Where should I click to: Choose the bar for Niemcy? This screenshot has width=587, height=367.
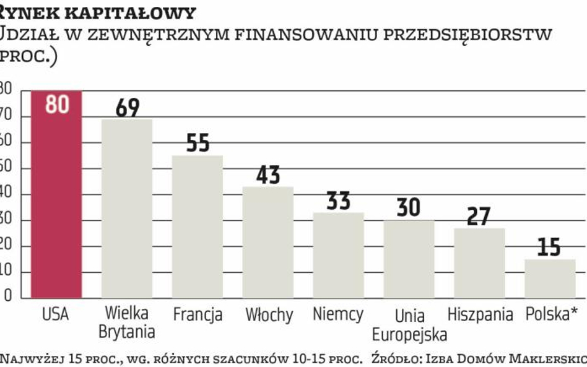click(338, 255)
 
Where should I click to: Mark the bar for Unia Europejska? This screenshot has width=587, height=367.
click(409, 259)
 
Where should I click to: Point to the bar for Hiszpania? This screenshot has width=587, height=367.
click(479, 262)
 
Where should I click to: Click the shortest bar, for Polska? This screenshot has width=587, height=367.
click(550, 278)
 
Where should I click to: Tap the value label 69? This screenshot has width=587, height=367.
click(128, 108)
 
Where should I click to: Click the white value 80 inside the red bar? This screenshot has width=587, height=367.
click(57, 104)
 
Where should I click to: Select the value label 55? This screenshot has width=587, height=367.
click(198, 144)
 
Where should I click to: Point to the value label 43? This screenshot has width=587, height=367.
click(268, 175)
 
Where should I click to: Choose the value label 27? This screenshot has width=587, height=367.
click(479, 217)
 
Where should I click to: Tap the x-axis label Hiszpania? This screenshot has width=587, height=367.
click(480, 314)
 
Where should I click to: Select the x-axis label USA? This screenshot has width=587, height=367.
click(56, 314)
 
